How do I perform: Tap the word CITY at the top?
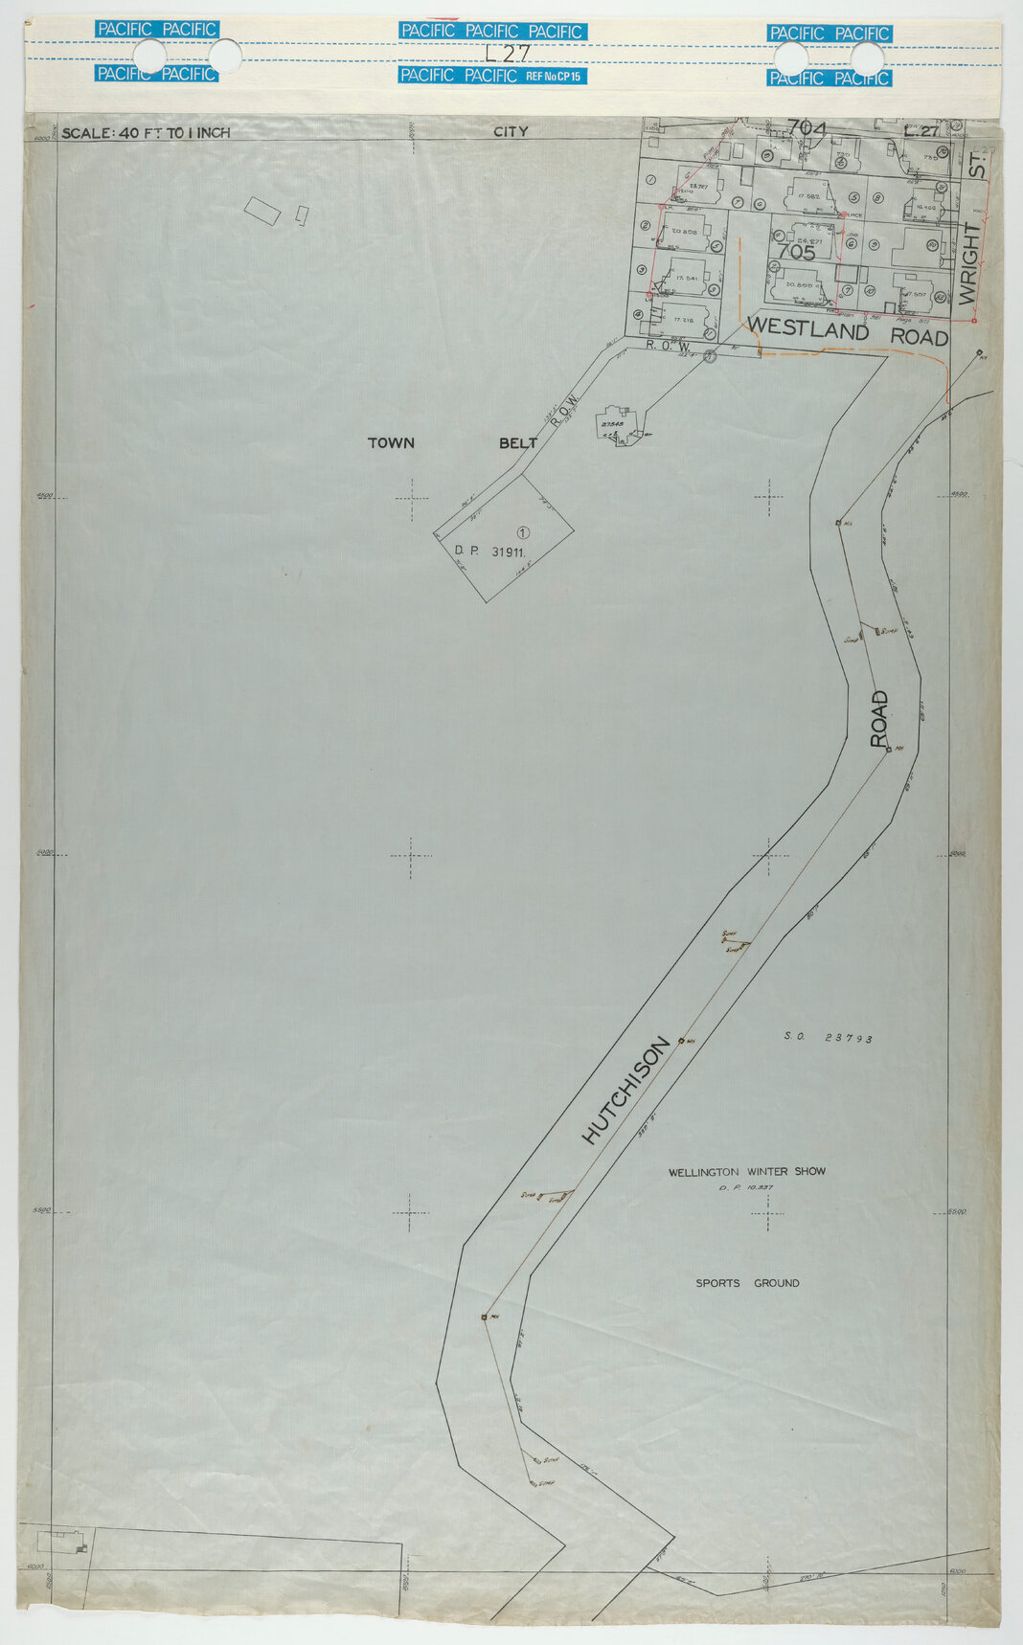(511, 131)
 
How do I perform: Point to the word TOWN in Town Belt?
(392, 443)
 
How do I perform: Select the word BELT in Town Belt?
(518, 443)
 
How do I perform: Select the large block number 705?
(796, 253)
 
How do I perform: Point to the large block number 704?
(806, 127)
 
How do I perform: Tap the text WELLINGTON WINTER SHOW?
(746, 1171)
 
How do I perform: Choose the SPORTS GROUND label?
(747, 1283)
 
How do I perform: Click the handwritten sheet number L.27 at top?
(507, 54)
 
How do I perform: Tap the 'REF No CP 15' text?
(556, 76)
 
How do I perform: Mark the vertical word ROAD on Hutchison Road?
(879, 719)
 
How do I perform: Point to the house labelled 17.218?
(682, 319)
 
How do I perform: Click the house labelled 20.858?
(684, 233)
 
